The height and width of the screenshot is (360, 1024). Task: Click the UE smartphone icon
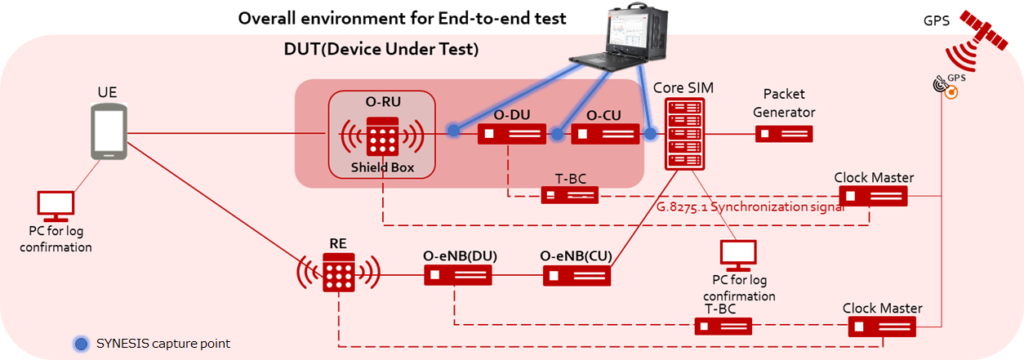pyautogui.click(x=109, y=134)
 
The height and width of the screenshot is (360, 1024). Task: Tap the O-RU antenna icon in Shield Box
pyautogui.click(x=381, y=136)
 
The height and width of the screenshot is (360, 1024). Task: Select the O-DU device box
pyautogui.click(x=511, y=133)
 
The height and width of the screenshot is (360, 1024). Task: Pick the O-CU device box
pyautogui.click(x=604, y=133)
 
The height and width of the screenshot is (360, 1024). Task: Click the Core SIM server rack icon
pyautogui.click(x=684, y=133)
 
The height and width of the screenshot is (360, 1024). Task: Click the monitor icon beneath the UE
pyautogui.click(x=56, y=207)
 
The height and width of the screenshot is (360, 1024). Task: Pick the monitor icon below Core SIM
pyautogui.click(x=739, y=256)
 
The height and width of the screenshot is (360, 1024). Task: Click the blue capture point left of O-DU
pyautogui.click(x=454, y=130)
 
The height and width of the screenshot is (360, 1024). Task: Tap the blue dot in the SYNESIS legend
pyautogui.click(x=81, y=344)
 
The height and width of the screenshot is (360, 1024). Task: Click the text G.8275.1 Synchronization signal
pyautogui.click(x=750, y=207)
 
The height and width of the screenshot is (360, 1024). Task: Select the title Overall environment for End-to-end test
pyautogui.click(x=403, y=18)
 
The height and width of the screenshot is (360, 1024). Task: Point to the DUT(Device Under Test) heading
pyautogui.click(x=381, y=49)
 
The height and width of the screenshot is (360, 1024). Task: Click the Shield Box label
pyautogui.click(x=381, y=167)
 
